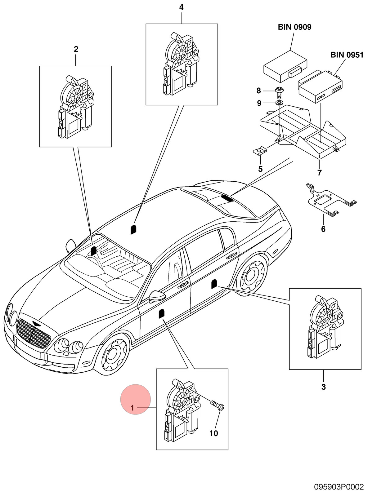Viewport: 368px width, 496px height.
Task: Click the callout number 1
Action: [132, 408]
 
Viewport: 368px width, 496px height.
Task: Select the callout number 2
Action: [76, 49]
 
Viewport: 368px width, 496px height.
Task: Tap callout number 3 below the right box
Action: [323, 387]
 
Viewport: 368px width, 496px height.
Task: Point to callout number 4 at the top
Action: [181, 7]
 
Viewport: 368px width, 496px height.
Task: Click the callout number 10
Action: [213, 433]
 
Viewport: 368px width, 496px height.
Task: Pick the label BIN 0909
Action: [294, 27]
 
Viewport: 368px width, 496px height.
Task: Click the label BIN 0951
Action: [347, 55]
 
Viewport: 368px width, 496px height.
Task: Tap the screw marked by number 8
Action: [279, 92]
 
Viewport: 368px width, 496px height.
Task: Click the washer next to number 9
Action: [279, 103]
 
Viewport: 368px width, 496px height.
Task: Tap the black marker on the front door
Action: [161, 313]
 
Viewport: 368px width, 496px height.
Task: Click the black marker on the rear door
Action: [214, 284]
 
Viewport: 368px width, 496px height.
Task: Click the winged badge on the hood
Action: [36, 323]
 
